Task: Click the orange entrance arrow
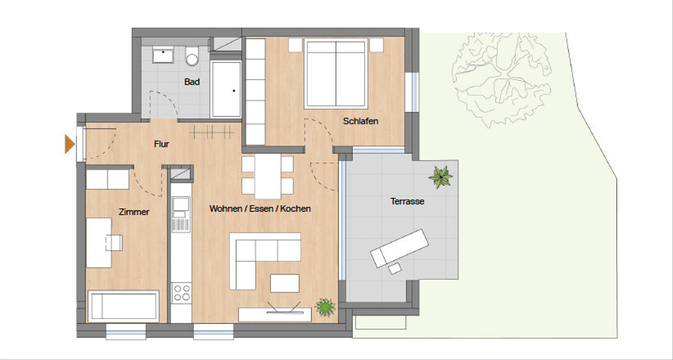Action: (70, 144)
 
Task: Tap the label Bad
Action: (192, 82)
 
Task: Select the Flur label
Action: (162, 144)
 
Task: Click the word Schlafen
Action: (361, 121)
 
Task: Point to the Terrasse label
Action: (407, 201)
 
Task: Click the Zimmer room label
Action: (134, 212)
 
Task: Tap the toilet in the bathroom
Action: (192, 56)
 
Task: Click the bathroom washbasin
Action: (163, 54)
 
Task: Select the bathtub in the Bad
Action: (226, 89)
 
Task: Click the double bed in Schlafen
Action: (336, 73)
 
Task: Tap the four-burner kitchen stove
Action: (182, 293)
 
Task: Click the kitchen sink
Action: (181, 214)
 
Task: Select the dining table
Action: (268, 177)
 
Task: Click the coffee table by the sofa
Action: (284, 283)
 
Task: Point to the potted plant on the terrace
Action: (440, 177)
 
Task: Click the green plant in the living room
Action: (325, 307)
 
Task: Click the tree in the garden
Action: (501, 80)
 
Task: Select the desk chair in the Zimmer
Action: (114, 243)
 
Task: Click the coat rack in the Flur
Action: (212, 132)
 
